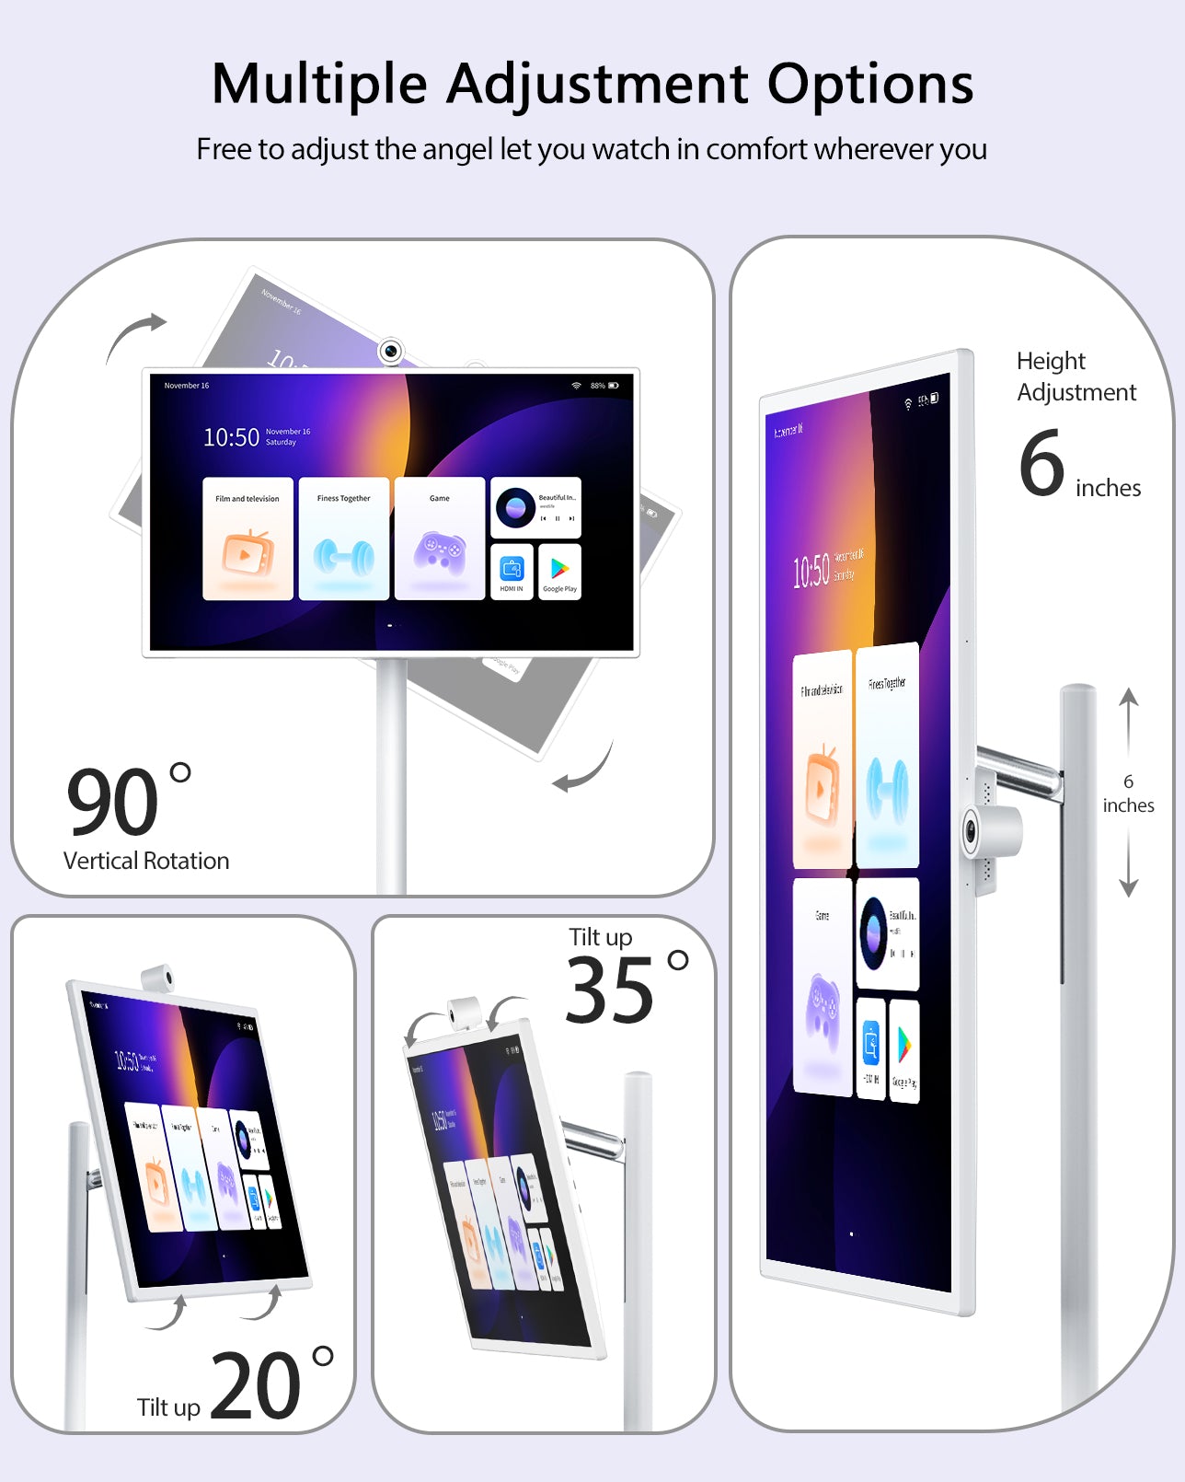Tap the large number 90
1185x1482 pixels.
(112, 801)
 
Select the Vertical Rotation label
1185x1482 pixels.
(146, 861)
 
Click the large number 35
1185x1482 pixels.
(609, 991)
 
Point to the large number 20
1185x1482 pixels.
(255, 1386)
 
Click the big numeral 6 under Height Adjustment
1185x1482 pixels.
(1041, 463)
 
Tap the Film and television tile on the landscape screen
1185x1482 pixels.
(247, 538)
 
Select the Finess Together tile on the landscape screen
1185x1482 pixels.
(343, 538)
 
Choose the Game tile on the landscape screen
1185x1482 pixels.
(440, 538)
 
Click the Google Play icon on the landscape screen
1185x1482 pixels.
(559, 573)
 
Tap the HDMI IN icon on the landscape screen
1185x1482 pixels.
(512, 573)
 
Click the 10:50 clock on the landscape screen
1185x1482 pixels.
(231, 437)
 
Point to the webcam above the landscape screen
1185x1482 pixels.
(391, 351)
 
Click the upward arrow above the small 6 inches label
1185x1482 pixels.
(1129, 710)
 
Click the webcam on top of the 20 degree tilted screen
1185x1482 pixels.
(158, 978)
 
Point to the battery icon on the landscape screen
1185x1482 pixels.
(613, 386)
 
